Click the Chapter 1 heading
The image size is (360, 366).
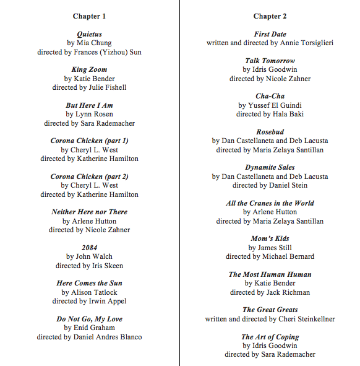pyautogui.click(x=89, y=16)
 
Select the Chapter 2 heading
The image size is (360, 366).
pyautogui.click(x=270, y=16)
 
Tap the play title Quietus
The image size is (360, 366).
pyautogui.click(x=89, y=34)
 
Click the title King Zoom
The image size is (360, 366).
pyautogui.click(x=89, y=69)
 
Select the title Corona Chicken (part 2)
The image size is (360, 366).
pyautogui.click(x=89, y=176)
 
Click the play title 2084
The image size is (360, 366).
pyautogui.click(x=89, y=248)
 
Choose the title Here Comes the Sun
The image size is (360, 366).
pyautogui.click(x=89, y=283)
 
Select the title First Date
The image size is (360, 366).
pyautogui.click(x=270, y=34)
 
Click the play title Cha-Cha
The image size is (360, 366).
pyautogui.click(x=270, y=96)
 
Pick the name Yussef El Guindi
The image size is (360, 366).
pyautogui.click(x=275, y=105)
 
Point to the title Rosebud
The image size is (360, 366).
pyautogui.click(x=270, y=132)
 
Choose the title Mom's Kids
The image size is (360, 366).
pyautogui.click(x=270, y=238)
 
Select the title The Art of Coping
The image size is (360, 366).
pyautogui.click(x=270, y=337)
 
